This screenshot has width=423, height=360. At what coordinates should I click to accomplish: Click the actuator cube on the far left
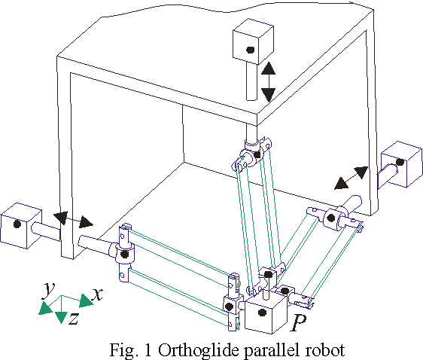(x=20, y=224)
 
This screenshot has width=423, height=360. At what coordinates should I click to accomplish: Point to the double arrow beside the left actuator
(x=77, y=220)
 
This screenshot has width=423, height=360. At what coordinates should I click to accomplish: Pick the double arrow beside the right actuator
(x=352, y=178)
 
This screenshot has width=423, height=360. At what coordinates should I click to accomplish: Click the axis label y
(x=48, y=289)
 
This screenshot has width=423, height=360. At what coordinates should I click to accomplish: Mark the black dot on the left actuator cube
(x=17, y=224)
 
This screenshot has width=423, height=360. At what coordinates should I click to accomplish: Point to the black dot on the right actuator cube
(x=401, y=162)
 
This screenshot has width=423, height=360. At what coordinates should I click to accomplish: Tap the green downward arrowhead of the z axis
(x=62, y=317)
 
